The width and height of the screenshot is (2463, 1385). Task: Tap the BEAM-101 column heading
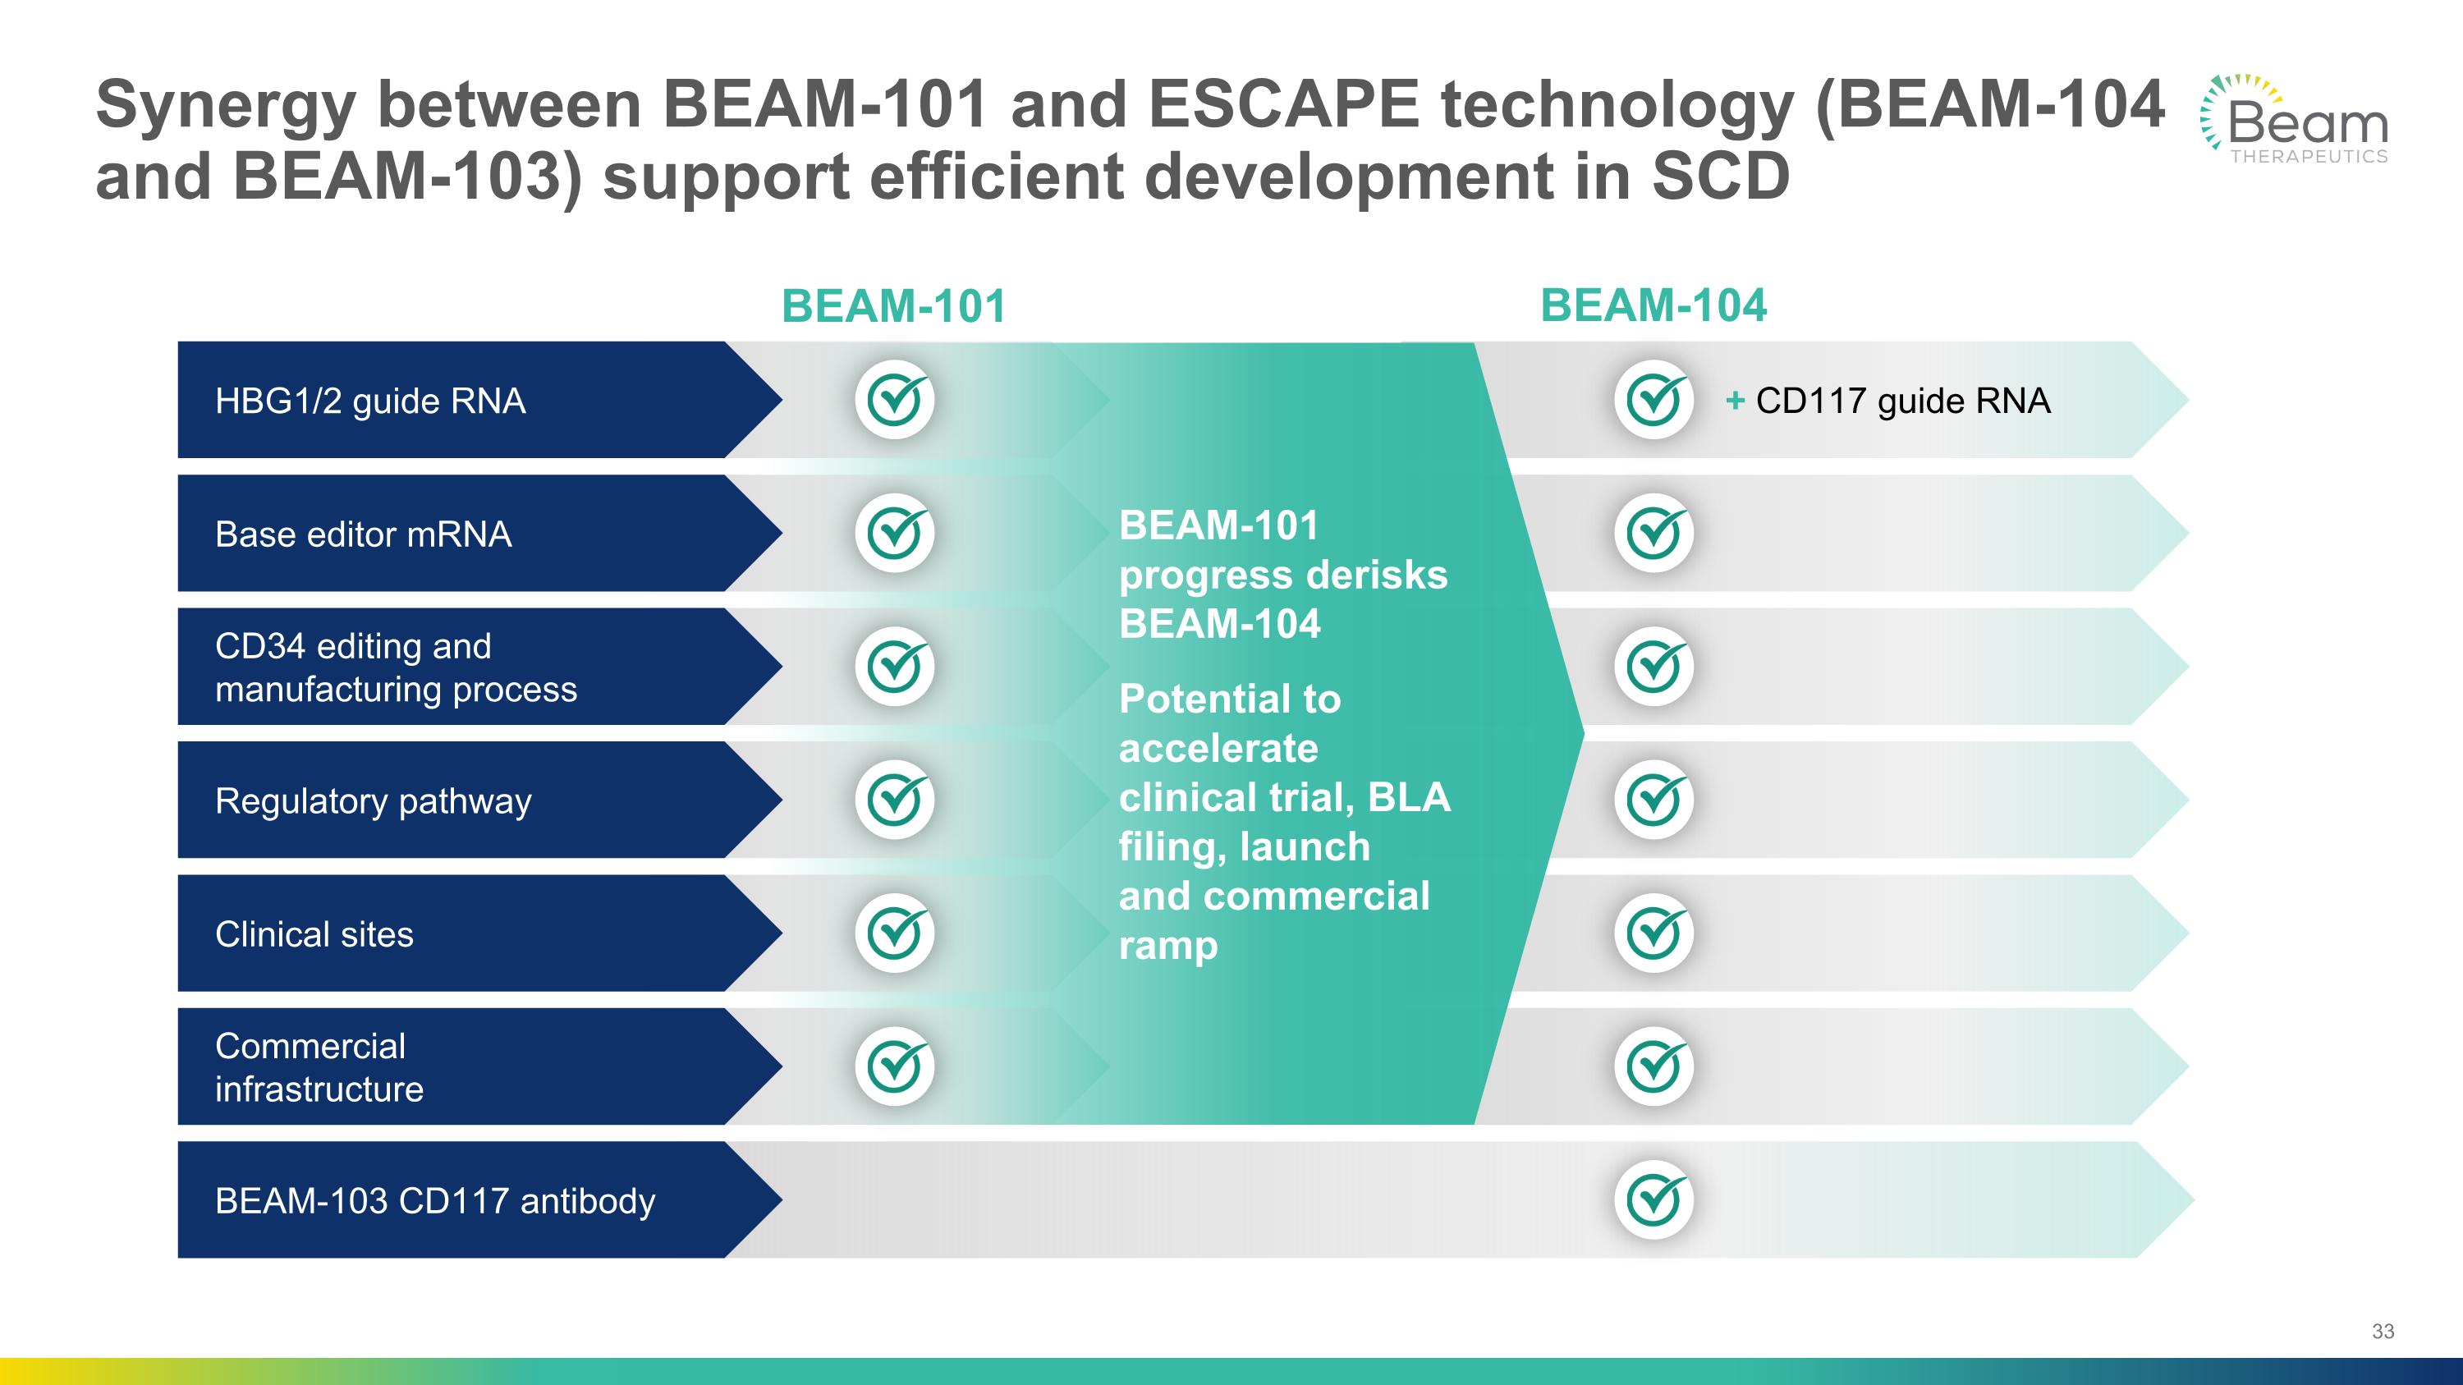pos(894,307)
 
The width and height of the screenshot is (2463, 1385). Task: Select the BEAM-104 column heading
pos(1653,306)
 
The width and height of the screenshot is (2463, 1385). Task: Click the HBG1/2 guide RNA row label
pos(370,401)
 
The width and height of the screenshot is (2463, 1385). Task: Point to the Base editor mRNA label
pos(364,534)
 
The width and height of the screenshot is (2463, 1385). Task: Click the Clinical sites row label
pos(314,933)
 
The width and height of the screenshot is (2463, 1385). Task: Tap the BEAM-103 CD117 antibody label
pos(435,1200)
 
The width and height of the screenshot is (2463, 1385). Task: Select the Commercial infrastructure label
pos(319,1067)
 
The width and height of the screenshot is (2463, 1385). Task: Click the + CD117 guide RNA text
pos(1888,401)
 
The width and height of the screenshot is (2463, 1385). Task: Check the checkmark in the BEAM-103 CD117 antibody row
pos(1653,1199)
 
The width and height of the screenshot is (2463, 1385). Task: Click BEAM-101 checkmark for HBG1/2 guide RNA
pos(894,400)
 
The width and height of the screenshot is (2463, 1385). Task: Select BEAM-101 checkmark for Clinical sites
pos(894,933)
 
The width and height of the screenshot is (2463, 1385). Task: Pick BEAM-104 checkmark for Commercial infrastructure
pos(1653,1066)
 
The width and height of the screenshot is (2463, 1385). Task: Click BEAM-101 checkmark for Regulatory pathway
pos(894,800)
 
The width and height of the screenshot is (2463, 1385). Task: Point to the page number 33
pos(2383,1332)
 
